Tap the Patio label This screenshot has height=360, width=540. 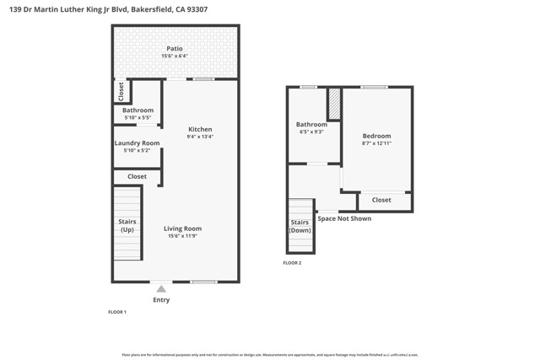[174, 49]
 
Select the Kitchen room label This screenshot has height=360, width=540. [200, 129]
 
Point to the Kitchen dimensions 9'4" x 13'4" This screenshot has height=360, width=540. [200, 137]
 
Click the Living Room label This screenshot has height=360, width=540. [182, 228]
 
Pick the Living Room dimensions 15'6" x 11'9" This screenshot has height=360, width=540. [182, 236]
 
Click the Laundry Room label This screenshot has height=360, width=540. [137, 143]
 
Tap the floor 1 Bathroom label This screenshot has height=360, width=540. [138, 110]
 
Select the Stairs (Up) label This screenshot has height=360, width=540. [127, 225]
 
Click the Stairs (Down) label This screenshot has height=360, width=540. [300, 226]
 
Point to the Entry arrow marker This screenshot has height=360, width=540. [161, 289]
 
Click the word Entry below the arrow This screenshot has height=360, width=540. [161, 300]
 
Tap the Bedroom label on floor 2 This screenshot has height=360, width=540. [376, 136]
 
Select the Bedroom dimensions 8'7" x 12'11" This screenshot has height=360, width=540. [376, 143]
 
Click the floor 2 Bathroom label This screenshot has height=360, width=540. [311, 125]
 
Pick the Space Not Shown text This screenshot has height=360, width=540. [343, 218]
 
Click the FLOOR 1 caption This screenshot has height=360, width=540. [116, 312]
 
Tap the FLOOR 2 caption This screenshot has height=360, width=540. [292, 263]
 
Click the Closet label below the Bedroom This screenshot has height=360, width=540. [381, 201]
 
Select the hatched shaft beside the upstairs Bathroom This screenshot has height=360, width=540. [334, 102]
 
